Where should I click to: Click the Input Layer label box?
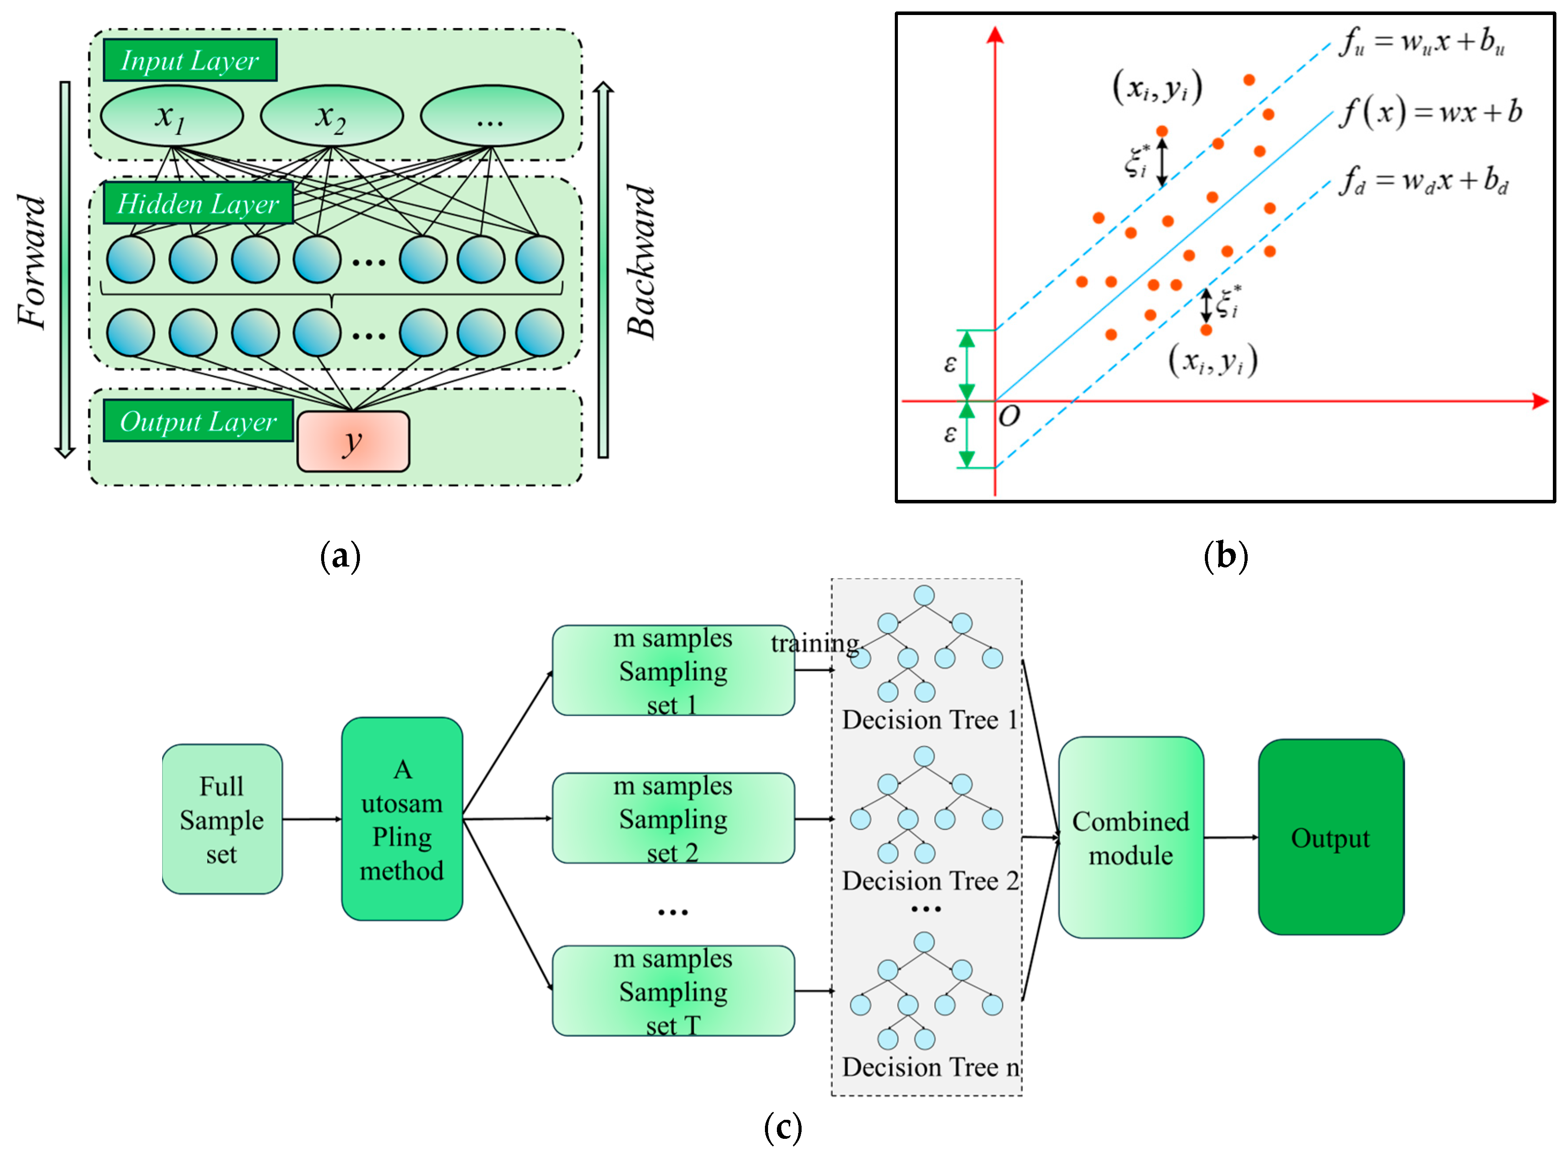[x=189, y=60]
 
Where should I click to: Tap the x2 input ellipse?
[x=332, y=116]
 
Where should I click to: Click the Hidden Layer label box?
[x=197, y=204]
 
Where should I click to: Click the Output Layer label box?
[x=197, y=421]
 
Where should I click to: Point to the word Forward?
[x=32, y=261]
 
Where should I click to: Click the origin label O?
[x=1009, y=417]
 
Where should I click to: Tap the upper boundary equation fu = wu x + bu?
[x=1422, y=42]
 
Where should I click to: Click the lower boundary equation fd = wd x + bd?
[x=1424, y=181]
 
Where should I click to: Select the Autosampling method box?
[x=402, y=819]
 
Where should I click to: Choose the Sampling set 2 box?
[x=673, y=818]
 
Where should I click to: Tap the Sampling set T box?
[x=673, y=991]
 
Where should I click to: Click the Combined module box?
[x=1130, y=837]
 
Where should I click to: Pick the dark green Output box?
[x=1330, y=837]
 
